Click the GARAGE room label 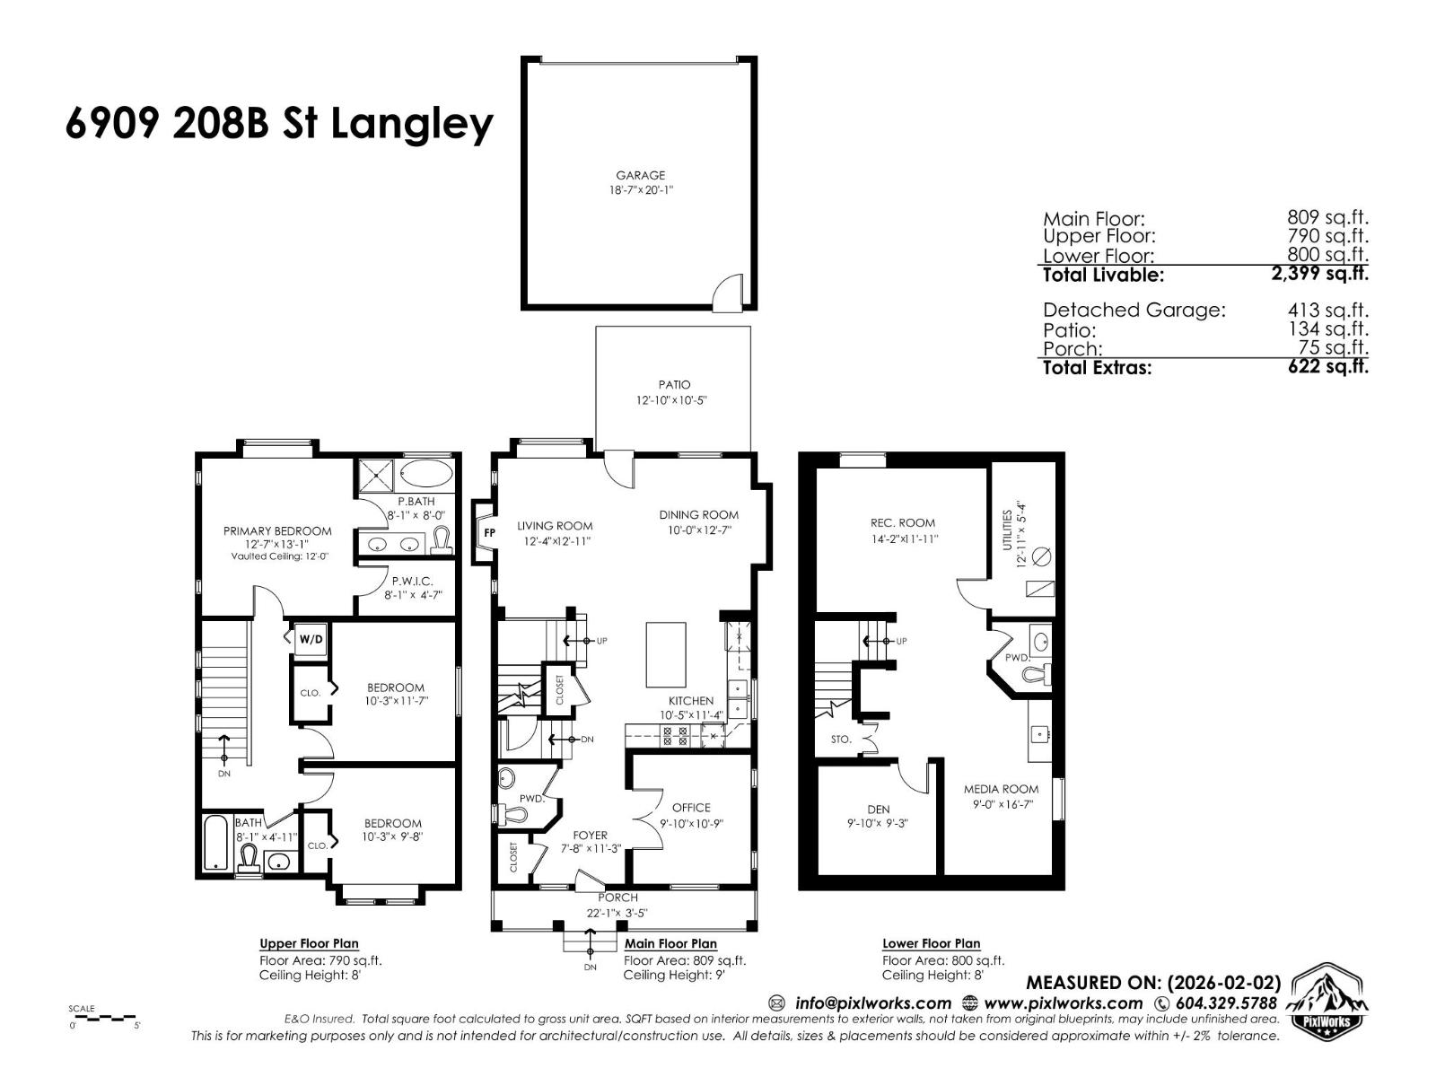tap(640, 176)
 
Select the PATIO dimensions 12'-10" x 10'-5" tap(672, 400)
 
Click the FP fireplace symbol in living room tap(489, 532)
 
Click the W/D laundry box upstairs tap(311, 640)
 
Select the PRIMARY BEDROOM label tap(277, 531)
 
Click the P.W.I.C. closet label tap(413, 582)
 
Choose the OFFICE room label tap(691, 808)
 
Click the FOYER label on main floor tap(590, 835)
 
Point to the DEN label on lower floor tap(878, 810)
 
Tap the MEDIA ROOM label tap(1001, 789)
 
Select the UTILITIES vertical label tap(1008, 530)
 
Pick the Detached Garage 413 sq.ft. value tap(1327, 310)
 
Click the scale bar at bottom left tap(104, 1019)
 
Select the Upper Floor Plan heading tap(309, 943)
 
